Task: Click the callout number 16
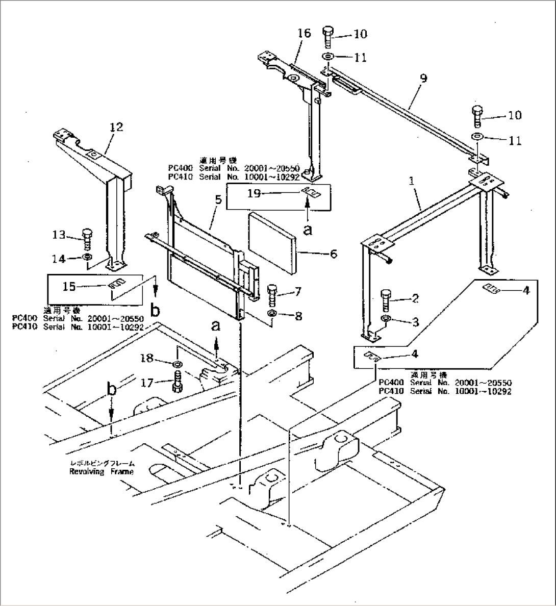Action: [x=304, y=34]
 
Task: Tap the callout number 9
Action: [x=423, y=79]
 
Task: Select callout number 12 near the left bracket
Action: [x=116, y=127]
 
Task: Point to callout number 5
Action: [x=218, y=200]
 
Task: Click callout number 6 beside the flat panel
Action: [x=333, y=253]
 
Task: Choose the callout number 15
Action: [x=69, y=287]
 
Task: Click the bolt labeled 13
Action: [x=87, y=238]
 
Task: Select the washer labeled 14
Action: [x=87, y=256]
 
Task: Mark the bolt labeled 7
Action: [x=272, y=294]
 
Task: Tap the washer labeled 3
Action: [x=386, y=320]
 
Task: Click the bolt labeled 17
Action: [x=178, y=382]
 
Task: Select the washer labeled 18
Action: [x=178, y=364]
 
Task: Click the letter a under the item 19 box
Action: [x=307, y=230]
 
